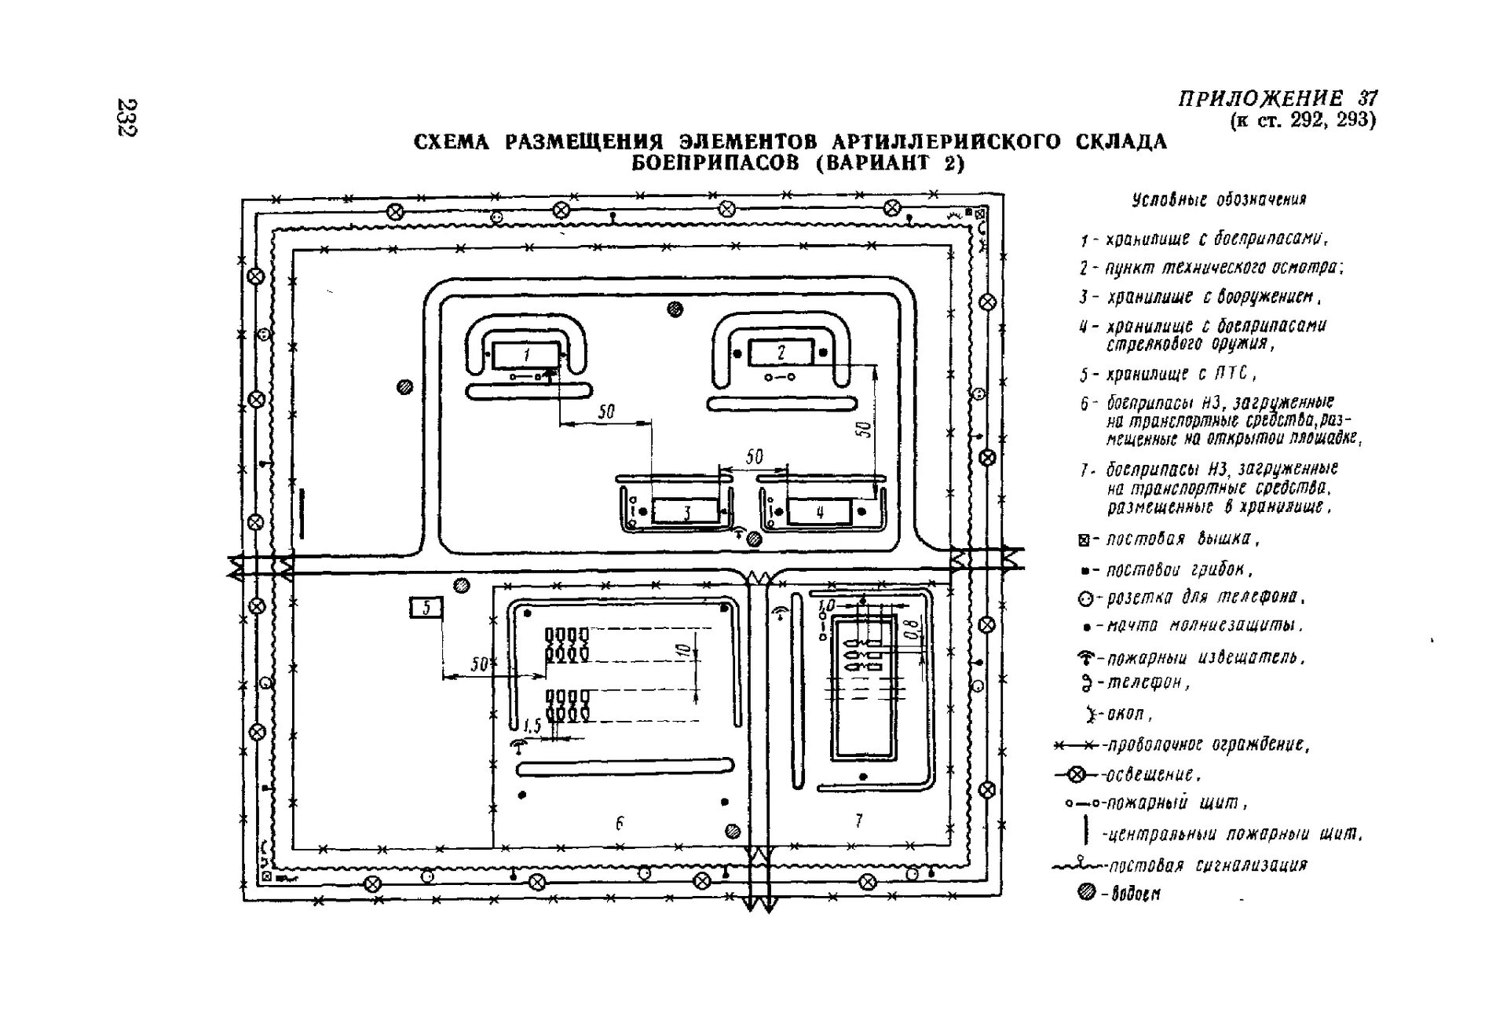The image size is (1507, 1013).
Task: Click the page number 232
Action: [126, 117]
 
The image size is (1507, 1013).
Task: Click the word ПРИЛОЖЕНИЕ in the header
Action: [1260, 98]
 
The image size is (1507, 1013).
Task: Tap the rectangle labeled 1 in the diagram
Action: [526, 354]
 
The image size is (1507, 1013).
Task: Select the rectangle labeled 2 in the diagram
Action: [781, 353]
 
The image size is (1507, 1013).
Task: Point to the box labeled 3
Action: [686, 512]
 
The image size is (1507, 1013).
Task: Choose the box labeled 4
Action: [819, 512]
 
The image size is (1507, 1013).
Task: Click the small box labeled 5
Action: [426, 607]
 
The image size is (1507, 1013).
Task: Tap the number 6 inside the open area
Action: [620, 823]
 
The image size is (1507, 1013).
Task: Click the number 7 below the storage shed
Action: [858, 821]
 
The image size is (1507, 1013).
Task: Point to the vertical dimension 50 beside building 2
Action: [864, 429]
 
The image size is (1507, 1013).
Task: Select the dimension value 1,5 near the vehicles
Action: [532, 726]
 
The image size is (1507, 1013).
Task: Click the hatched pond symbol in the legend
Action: [1086, 891]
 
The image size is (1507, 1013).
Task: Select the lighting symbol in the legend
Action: [1077, 775]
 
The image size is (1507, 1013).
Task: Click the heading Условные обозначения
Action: [1219, 199]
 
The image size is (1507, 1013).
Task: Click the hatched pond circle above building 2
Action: [675, 309]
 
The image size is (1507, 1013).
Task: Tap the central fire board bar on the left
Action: [301, 514]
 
